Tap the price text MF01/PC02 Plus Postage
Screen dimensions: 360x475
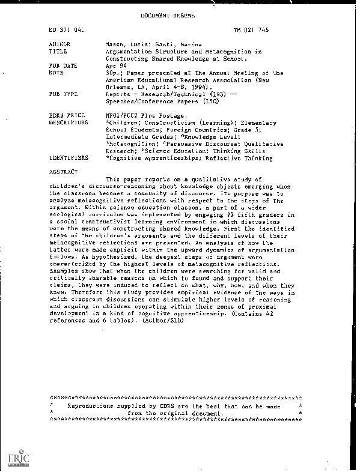[x=142, y=115]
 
